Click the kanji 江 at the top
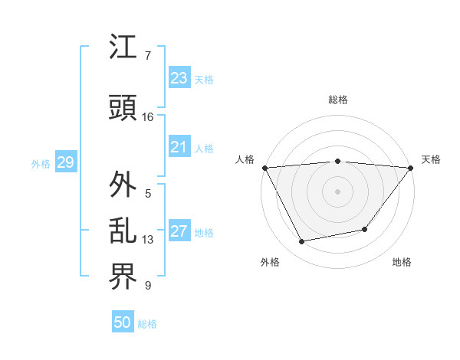tap(123, 47)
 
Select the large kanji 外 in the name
tap(123, 185)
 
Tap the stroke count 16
tap(148, 117)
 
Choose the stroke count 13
tap(148, 240)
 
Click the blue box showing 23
tap(179, 78)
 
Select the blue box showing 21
tap(179, 147)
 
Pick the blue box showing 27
tap(179, 231)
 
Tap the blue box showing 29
tap(65, 162)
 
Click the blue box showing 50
tap(122, 322)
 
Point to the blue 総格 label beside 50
tap(147, 324)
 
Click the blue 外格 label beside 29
tap(41, 163)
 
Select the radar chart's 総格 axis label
tap(338, 100)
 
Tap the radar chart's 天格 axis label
tap(431, 159)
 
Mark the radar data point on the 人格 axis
tap(264, 168)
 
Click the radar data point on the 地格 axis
tap(365, 229)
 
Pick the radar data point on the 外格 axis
tap(302, 242)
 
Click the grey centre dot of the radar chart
tap(337, 191)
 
